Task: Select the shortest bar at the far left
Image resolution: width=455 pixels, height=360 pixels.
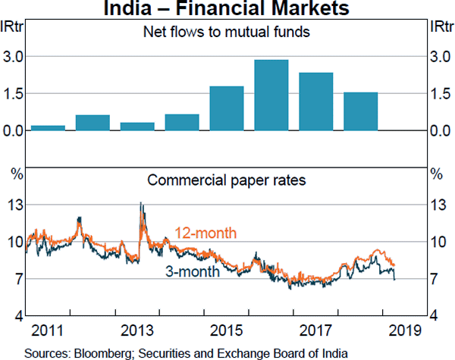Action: pos(48,127)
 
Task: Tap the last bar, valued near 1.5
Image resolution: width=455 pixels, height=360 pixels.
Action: pos(360,111)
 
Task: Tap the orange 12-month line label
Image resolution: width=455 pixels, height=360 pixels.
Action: pos(206,232)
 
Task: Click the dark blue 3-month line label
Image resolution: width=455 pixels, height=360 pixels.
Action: pos(193,271)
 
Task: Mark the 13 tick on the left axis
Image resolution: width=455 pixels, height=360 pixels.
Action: pos(13,205)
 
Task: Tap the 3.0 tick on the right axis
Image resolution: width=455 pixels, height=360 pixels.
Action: pos(441,57)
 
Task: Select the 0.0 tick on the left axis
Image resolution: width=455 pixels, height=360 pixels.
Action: pos(13,131)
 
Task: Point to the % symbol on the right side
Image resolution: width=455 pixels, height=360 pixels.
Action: pos(435,174)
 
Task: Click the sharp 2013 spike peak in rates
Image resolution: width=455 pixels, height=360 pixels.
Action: pos(140,203)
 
